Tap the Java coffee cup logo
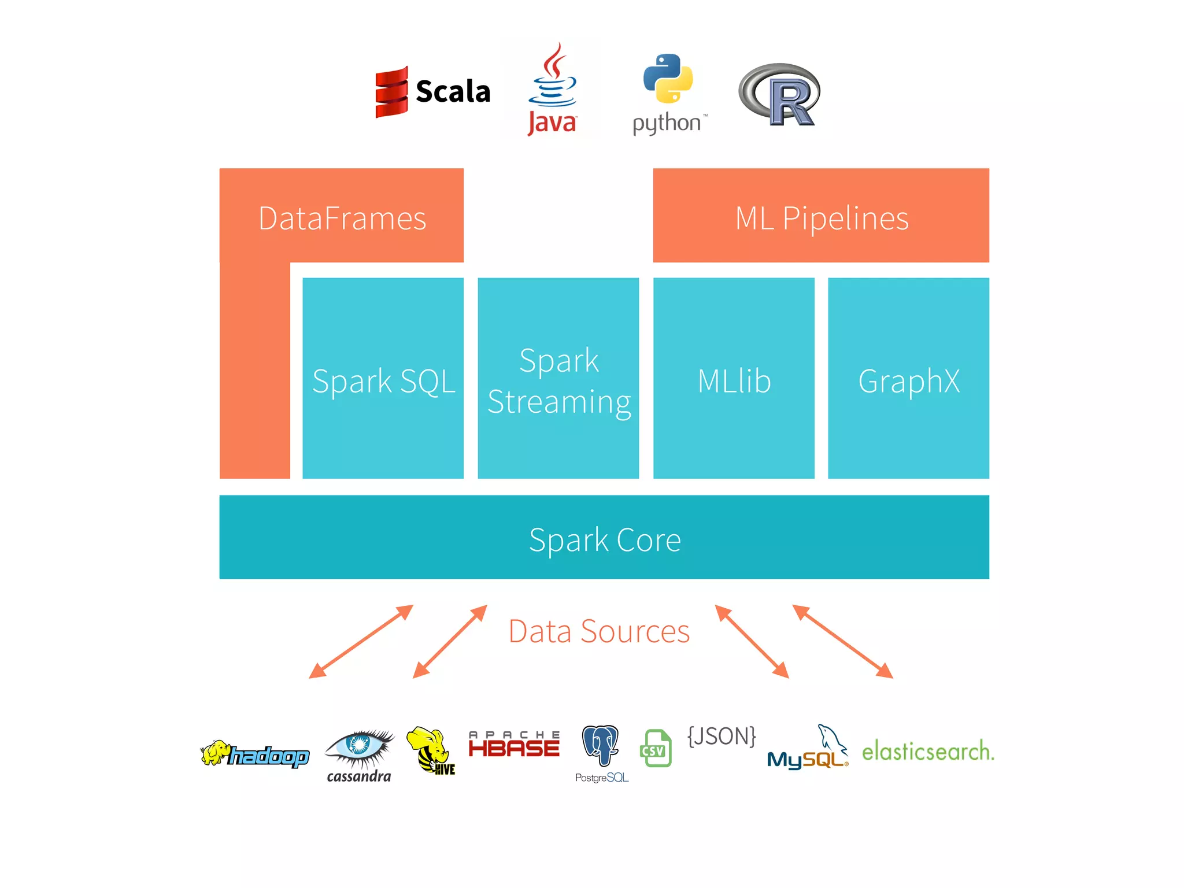pos(553,90)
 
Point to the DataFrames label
pos(342,219)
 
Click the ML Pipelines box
pos(821,216)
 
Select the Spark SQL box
pos(383,379)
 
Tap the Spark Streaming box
pos(558,379)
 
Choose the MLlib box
pos(734,379)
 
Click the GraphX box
pos(908,379)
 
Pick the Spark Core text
pos(605,539)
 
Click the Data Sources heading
pos(599,631)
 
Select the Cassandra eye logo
pos(360,754)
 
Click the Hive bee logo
pos(431,750)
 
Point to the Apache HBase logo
pos(514,745)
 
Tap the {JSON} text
pos(721,736)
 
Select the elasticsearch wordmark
pos(928,751)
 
